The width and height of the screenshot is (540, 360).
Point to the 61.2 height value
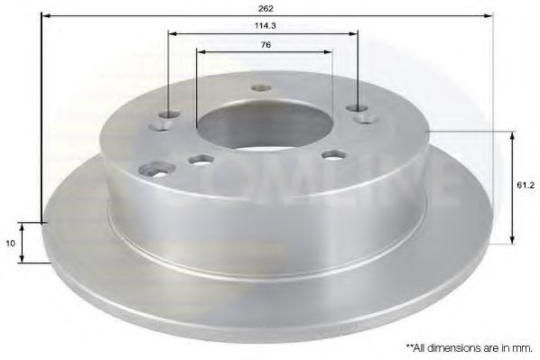click(x=525, y=184)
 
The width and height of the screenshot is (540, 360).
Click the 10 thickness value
click(x=9, y=243)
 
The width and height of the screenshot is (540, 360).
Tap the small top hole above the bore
click(x=262, y=88)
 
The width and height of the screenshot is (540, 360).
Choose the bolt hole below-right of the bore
click(x=333, y=154)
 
